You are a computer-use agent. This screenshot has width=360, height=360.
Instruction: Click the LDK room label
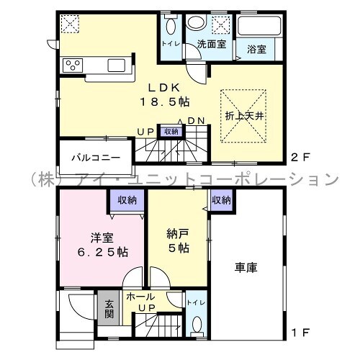point(164,88)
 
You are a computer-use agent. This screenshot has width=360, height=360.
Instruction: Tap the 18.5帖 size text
point(165,102)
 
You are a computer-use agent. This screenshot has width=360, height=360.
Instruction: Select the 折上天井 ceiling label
point(245,116)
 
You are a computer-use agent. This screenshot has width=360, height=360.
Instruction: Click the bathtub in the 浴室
point(259,26)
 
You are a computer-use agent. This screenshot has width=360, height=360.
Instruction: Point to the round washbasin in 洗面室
point(197,22)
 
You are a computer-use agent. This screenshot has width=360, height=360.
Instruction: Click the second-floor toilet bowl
point(171,26)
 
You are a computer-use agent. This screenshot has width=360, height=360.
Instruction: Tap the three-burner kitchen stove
point(73,66)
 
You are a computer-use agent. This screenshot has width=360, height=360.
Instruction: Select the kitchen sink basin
point(117,66)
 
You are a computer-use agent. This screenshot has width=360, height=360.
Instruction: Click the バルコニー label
point(96,158)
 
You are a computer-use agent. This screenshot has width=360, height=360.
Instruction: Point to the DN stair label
point(196,121)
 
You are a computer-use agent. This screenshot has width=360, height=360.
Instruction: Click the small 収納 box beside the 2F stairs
point(171,132)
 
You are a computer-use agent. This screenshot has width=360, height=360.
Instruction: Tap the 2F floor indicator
point(300,158)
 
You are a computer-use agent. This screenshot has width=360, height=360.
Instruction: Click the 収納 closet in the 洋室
point(127,200)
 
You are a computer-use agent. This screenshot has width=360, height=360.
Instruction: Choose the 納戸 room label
point(177,234)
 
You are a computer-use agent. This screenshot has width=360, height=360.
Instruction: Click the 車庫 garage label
point(246,267)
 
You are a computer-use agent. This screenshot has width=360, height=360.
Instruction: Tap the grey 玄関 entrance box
point(109,308)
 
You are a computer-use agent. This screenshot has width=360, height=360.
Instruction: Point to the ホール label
point(140,297)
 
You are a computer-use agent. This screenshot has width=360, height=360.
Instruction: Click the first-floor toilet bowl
point(197,324)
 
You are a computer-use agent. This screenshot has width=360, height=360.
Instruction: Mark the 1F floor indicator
point(300,333)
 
